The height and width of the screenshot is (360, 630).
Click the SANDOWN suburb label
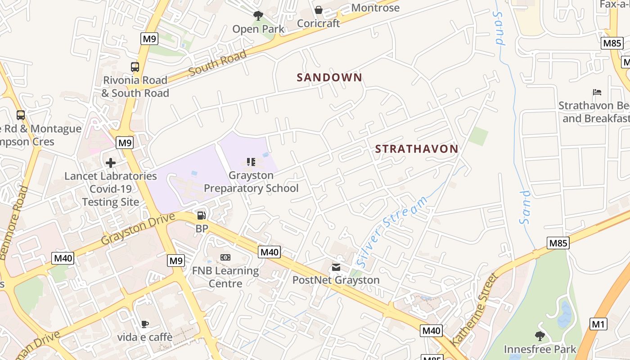click(329, 77)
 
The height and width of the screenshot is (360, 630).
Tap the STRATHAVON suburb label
click(416, 149)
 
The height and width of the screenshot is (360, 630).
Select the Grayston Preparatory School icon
click(251, 162)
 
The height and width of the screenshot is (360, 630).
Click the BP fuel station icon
click(202, 216)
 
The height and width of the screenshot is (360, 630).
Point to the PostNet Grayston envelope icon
click(336, 267)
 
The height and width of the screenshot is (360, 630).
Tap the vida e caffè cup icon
click(144, 324)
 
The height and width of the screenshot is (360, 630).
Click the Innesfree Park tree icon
click(540, 336)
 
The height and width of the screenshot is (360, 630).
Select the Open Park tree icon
click(258, 16)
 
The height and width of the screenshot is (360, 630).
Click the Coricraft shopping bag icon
click(319, 10)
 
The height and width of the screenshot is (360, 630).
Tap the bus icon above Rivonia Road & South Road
click(135, 67)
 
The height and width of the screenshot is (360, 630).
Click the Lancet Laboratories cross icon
click(111, 163)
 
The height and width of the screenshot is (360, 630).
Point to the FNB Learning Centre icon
click(225, 257)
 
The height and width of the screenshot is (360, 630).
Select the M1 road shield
click(598, 324)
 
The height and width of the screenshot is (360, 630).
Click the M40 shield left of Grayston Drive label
click(63, 258)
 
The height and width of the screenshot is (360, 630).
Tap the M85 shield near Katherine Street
click(558, 243)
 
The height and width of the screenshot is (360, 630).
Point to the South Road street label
click(218, 63)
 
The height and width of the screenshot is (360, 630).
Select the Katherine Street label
click(475, 309)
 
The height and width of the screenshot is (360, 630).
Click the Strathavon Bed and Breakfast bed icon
click(597, 92)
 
